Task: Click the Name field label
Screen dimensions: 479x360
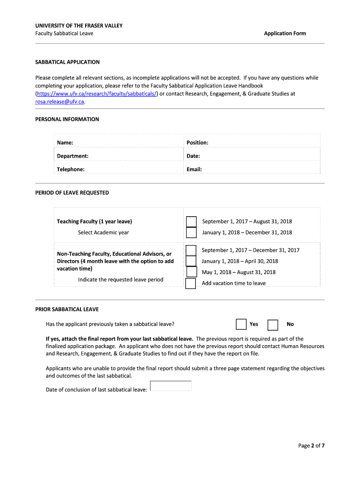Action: click(x=65, y=143)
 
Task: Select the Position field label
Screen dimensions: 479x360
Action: click(x=197, y=143)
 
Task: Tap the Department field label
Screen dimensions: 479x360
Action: click(x=72, y=156)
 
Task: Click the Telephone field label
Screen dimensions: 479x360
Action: click(x=71, y=169)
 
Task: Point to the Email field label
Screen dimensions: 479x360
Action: click(x=194, y=169)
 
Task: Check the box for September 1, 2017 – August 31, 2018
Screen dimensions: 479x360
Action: click(x=191, y=222)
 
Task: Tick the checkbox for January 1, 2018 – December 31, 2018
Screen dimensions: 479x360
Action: click(x=191, y=232)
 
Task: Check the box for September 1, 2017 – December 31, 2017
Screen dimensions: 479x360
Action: click(x=191, y=250)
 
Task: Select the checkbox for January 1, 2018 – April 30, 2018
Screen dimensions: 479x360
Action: click(x=191, y=261)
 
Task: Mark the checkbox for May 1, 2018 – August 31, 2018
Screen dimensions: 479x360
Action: click(x=192, y=272)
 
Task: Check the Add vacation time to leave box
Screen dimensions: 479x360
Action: click(x=191, y=283)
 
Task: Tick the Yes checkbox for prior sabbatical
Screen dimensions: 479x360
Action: click(x=241, y=325)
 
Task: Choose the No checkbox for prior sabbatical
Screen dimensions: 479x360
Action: click(x=273, y=325)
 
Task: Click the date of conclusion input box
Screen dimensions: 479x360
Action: click(x=171, y=386)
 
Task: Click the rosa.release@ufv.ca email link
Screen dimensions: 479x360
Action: click(x=60, y=102)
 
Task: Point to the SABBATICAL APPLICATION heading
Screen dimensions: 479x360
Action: click(x=67, y=62)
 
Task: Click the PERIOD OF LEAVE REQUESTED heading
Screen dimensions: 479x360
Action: click(x=72, y=193)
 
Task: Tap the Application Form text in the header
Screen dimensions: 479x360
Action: click(x=285, y=33)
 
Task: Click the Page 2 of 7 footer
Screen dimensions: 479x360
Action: click(x=311, y=446)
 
